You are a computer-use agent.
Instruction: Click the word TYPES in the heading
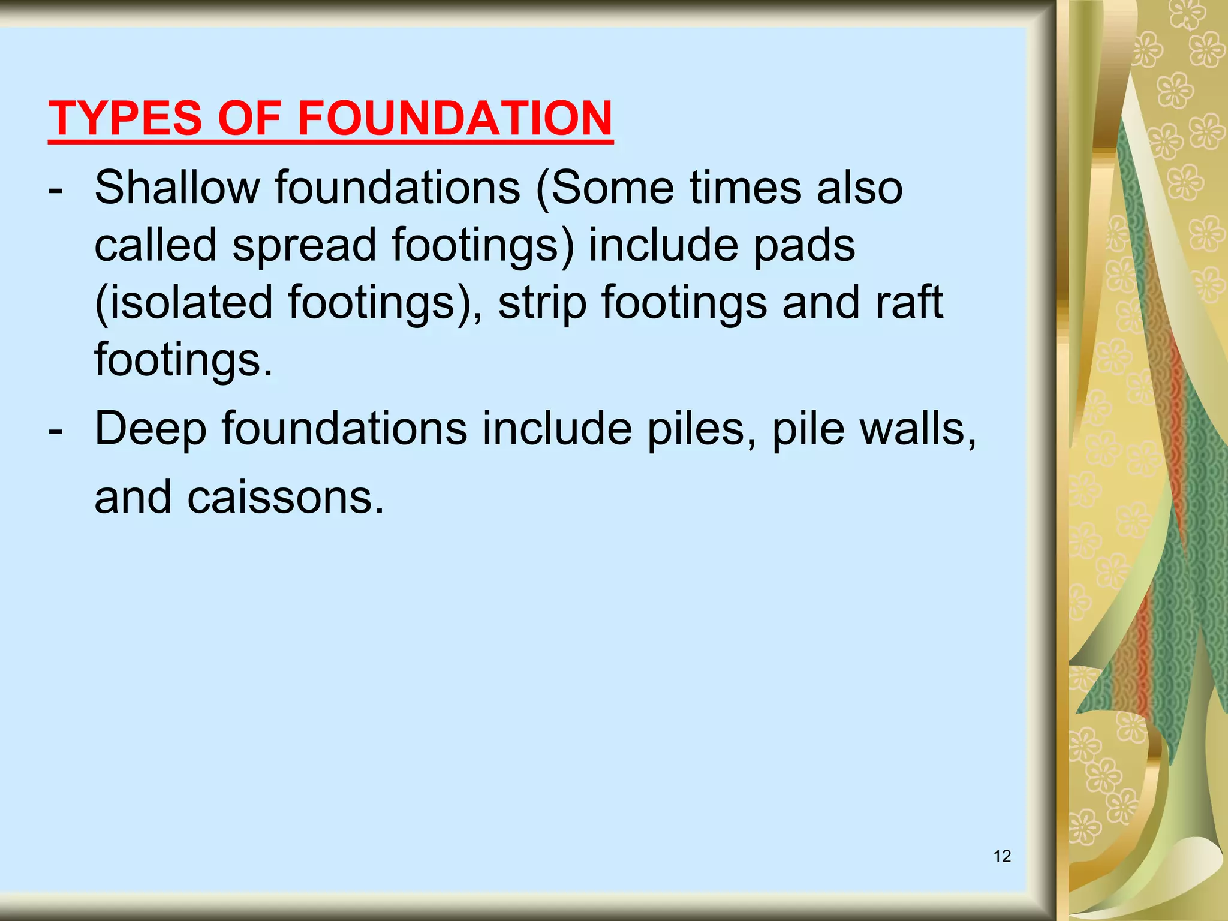pyautogui.click(x=125, y=118)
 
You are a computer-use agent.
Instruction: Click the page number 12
pyautogui.click(x=1002, y=856)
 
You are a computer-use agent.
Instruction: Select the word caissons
pyautogui.click(x=285, y=498)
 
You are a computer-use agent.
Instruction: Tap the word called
pyautogui.click(x=156, y=245)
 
